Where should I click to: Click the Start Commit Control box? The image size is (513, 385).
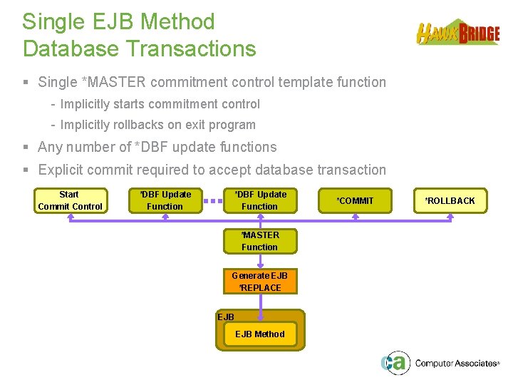coord(70,200)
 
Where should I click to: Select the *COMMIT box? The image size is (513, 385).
coord(355,200)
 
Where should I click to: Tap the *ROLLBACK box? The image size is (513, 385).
coord(450,200)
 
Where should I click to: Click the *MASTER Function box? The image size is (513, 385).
coord(259,241)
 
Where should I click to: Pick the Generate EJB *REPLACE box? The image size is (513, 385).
coord(260,282)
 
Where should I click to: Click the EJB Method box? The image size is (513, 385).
coord(259,334)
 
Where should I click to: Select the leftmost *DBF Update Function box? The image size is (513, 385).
coord(165,200)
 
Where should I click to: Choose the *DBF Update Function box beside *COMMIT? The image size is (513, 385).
coord(259,200)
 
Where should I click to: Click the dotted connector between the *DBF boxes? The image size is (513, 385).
coord(212,201)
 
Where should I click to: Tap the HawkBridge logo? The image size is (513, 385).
coord(457,33)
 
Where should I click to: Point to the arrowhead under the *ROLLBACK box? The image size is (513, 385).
coord(450,217)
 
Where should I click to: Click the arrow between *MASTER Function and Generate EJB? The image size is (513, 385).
coord(260,262)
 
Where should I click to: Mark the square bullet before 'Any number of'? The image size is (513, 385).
coord(26,148)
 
